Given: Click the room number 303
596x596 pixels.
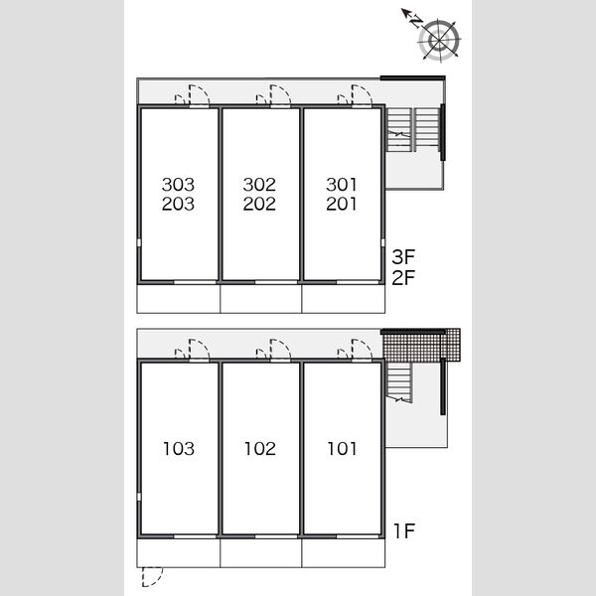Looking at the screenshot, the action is pos(178,185).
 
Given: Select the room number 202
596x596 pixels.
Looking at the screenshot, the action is pos(259,204).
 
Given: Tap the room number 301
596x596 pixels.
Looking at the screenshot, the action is pos(342,185).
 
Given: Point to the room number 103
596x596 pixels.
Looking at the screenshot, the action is pos(179,449).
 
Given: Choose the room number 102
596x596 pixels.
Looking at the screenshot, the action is pos(260,449).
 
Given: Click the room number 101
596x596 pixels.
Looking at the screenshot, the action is pos(342,449).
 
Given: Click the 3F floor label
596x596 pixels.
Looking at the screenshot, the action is pos(403,257).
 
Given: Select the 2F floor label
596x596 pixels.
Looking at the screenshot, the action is pos(403,277).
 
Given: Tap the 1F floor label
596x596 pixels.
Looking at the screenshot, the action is pos(404,531).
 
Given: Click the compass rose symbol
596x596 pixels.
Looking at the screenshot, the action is pos(439,40).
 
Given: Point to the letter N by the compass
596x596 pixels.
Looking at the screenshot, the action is pos(416,22).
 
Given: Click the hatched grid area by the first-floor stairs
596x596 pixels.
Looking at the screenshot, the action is pos(421,346).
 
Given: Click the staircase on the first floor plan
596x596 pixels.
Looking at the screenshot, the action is pos(398,381).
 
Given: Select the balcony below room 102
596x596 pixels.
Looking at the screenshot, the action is pos(260,552).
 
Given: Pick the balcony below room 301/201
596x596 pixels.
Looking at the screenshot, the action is pos(344,298).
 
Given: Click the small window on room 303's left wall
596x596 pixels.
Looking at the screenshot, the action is pos(139,242).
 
